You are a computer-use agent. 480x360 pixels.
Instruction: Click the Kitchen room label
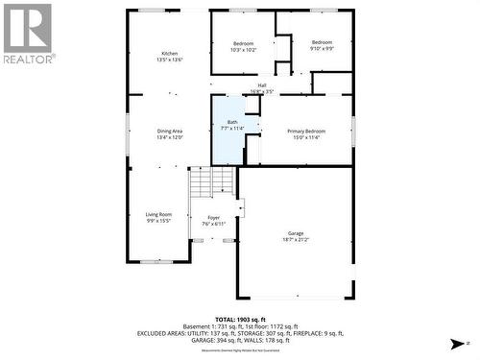(170, 53)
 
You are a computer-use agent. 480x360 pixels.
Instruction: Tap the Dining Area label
(170, 131)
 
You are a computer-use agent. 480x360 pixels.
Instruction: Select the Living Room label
(158, 214)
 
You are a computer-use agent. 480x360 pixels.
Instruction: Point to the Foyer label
(214, 218)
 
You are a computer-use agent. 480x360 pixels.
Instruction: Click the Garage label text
(295, 233)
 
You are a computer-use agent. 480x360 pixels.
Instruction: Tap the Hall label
(262, 85)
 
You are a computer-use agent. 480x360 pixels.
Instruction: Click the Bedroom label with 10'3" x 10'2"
(244, 43)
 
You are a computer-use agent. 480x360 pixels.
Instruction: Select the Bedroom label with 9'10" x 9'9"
(321, 43)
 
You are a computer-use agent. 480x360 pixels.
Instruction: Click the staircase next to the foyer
(210, 180)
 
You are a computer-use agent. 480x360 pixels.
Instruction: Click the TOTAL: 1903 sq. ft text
(238, 318)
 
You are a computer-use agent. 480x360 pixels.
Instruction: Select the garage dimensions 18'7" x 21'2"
(295, 240)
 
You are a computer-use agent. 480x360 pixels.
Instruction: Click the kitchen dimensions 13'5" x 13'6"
(170, 60)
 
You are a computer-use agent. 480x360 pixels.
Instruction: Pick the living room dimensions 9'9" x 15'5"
(158, 221)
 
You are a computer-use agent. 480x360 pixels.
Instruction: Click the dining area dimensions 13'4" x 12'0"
(170, 137)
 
